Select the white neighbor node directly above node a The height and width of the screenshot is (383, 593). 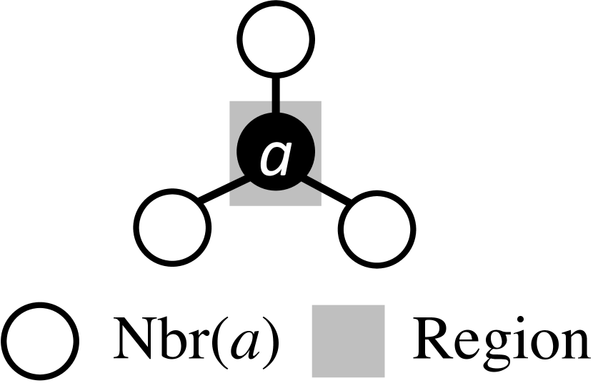coord(276,40)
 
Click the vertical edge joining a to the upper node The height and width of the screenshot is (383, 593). coord(276,92)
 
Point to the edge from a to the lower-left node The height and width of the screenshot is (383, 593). coord(221,193)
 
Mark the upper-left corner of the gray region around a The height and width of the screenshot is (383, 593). coord(231,103)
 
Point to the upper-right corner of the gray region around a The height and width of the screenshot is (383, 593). coord(320,103)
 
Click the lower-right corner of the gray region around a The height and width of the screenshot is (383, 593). coord(320,205)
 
